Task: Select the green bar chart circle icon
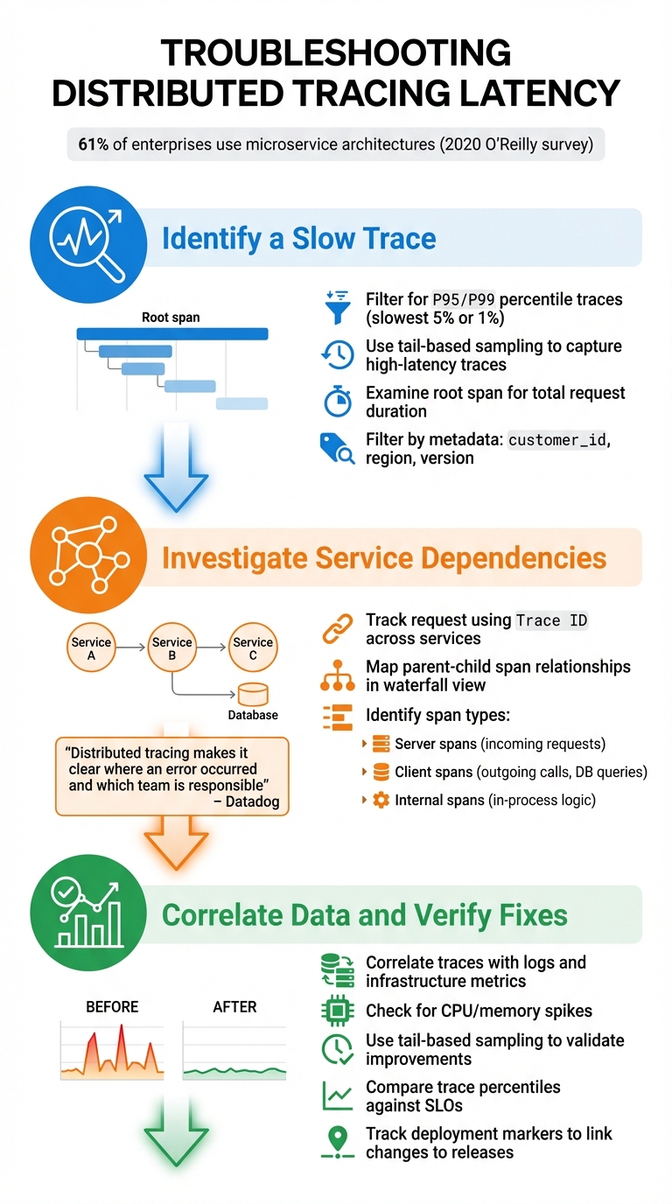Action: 86,913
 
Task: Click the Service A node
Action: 91,647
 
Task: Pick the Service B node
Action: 172,647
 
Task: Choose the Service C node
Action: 252,647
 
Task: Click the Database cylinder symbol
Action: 253,694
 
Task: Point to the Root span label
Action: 171,318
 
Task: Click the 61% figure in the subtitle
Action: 93,144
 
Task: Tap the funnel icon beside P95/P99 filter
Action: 337,306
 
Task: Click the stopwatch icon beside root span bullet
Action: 337,401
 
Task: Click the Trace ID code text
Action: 552,620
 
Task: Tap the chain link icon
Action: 337,628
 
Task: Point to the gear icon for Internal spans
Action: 381,800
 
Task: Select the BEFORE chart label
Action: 112,1007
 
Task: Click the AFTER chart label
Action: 234,1007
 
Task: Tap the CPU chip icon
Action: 337,1011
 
